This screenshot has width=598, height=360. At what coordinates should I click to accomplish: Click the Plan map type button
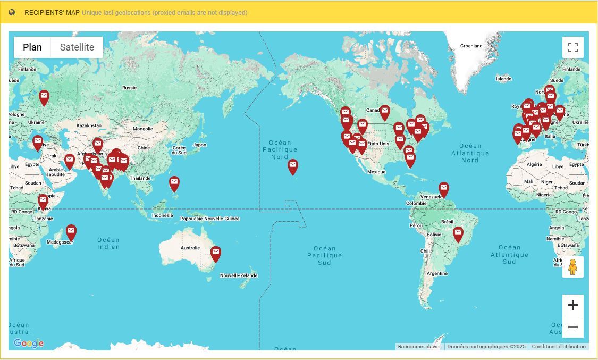(32, 47)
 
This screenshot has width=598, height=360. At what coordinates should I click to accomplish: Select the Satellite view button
(77, 47)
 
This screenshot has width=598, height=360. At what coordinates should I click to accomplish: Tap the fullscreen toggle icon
(572, 47)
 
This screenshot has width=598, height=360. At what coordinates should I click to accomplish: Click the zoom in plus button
(572, 305)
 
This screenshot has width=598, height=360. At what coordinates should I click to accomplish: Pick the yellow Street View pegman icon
(572, 267)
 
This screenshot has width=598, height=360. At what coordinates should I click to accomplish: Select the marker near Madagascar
(71, 231)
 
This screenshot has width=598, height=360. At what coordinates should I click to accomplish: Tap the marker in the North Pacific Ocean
(293, 165)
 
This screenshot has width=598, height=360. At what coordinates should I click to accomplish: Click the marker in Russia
(44, 96)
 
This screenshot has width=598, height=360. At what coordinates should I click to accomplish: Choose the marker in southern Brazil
(458, 233)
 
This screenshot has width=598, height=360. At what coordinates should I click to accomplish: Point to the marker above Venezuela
(443, 188)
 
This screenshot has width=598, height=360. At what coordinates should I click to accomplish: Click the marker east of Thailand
(174, 182)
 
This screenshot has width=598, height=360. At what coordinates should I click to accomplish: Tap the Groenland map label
(471, 46)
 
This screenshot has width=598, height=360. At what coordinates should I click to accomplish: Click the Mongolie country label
(142, 129)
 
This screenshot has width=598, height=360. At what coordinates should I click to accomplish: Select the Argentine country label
(437, 273)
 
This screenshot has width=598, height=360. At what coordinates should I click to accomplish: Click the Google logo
(28, 344)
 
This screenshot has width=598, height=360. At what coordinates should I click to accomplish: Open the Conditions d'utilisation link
(559, 347)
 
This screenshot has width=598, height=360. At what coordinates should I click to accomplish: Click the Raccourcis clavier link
(419, 347)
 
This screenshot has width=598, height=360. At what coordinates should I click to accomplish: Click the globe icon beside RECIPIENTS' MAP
(12, 12)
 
